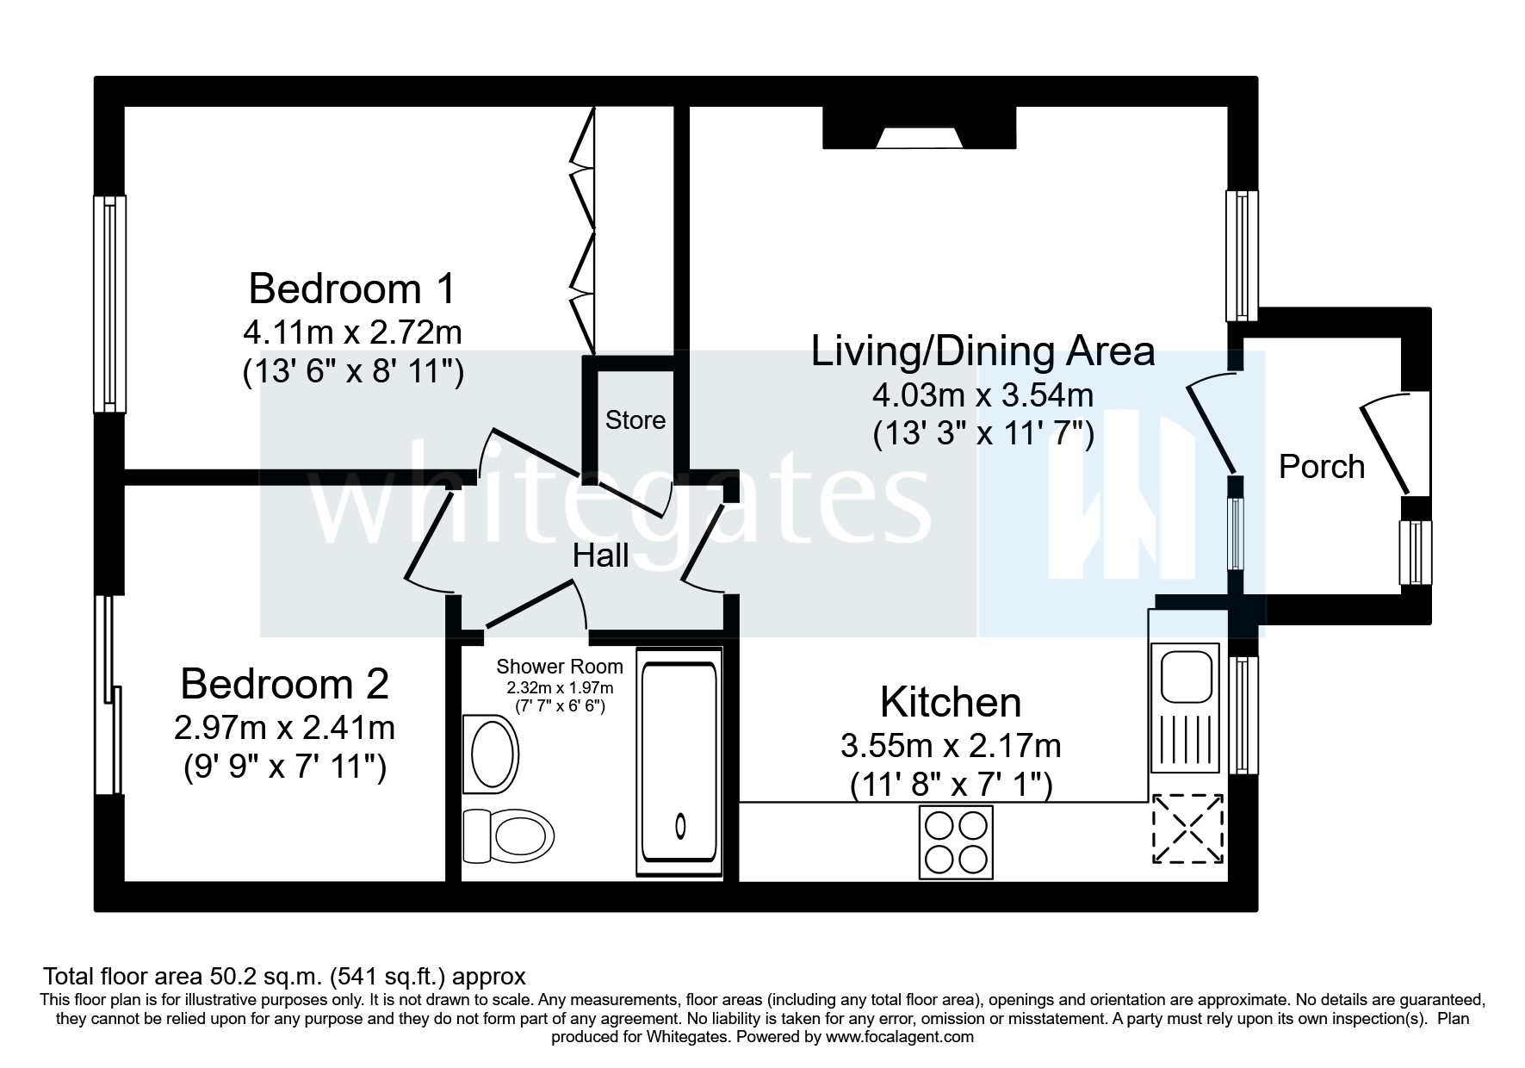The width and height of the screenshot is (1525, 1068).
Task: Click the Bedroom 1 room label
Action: (x=352, y=289)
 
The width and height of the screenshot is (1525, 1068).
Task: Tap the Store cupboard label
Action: (x=635, y=420)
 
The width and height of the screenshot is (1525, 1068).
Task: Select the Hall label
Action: (x=601, y=556)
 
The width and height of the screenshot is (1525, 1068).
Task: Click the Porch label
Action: (x=1322, y=467)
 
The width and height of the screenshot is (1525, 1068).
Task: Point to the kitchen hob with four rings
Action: (x=956, y=841)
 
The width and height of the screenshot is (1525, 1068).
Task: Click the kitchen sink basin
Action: (x=1187, y=676)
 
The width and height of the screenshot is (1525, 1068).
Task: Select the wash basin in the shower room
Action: (x=492, y=754)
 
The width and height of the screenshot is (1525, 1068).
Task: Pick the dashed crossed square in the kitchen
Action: (x=1188, y=829)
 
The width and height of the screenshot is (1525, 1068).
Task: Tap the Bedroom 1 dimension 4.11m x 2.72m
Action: (x=352, y=332)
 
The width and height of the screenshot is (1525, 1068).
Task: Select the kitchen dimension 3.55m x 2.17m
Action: (x=951, y=745)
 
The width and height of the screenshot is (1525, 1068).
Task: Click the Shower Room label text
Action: (x=560, y=667)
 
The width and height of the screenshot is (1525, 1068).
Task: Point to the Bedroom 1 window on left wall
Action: (x=109, y=303)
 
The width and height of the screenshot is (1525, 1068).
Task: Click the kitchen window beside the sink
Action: (x=1242, y=715)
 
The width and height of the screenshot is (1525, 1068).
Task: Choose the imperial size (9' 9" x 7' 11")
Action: (x=285, y=767)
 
